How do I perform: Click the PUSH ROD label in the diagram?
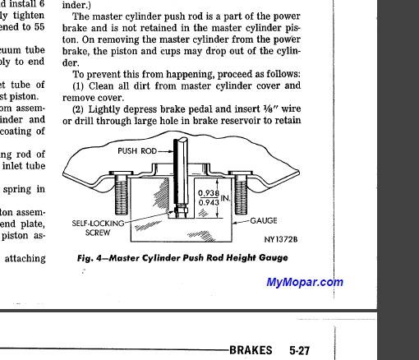tap(137, 151)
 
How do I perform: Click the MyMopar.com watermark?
tap(304, 283)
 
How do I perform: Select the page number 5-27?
tap(299, 350)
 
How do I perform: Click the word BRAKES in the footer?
tap(251, 350)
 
